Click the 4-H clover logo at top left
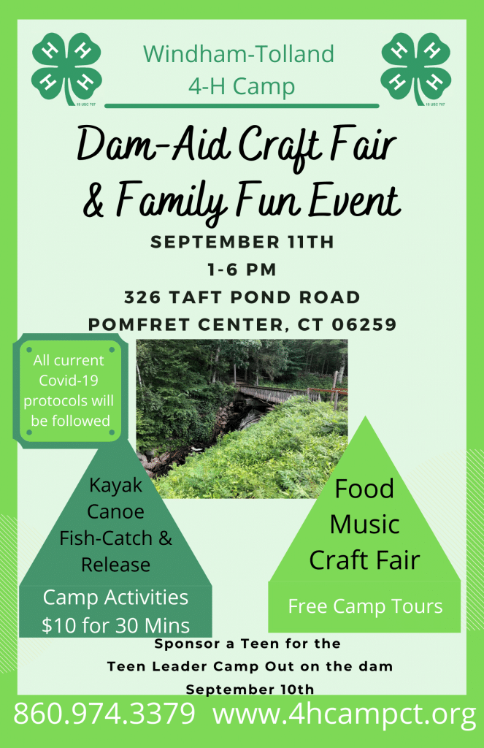pyautogui.click(x=66, y=69)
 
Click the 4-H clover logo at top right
pyautogui.click(x=416, y=69)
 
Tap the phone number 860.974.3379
pyautogui.click(x=104, y=714)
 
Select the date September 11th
pyautogui.click(x=242, y=242)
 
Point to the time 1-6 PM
pyautogui.click(x=242, y=270)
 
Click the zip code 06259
pyautogui.click(x=364, y=325)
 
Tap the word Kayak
pyautogui.click(x=116, y=486)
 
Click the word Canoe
pyautogui.click(x=115, y=512)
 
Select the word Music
pyautogui.click(x=365, y=524)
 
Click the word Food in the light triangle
pyautogui.click(x=365, y=489)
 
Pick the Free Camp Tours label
pyautogui.click(x=365, y=606)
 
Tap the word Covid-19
pyautogui.click(x=69, y=380)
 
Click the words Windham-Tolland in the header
pyautogui.click(x=239, y=54)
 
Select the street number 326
pyautogui.click(x=142, y=297)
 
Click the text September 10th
pyautogui.click(x=250, y=690)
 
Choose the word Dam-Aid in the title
pyautogui.click(x=153, y=144)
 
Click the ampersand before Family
pyautogui.click(x=93, y=200)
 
